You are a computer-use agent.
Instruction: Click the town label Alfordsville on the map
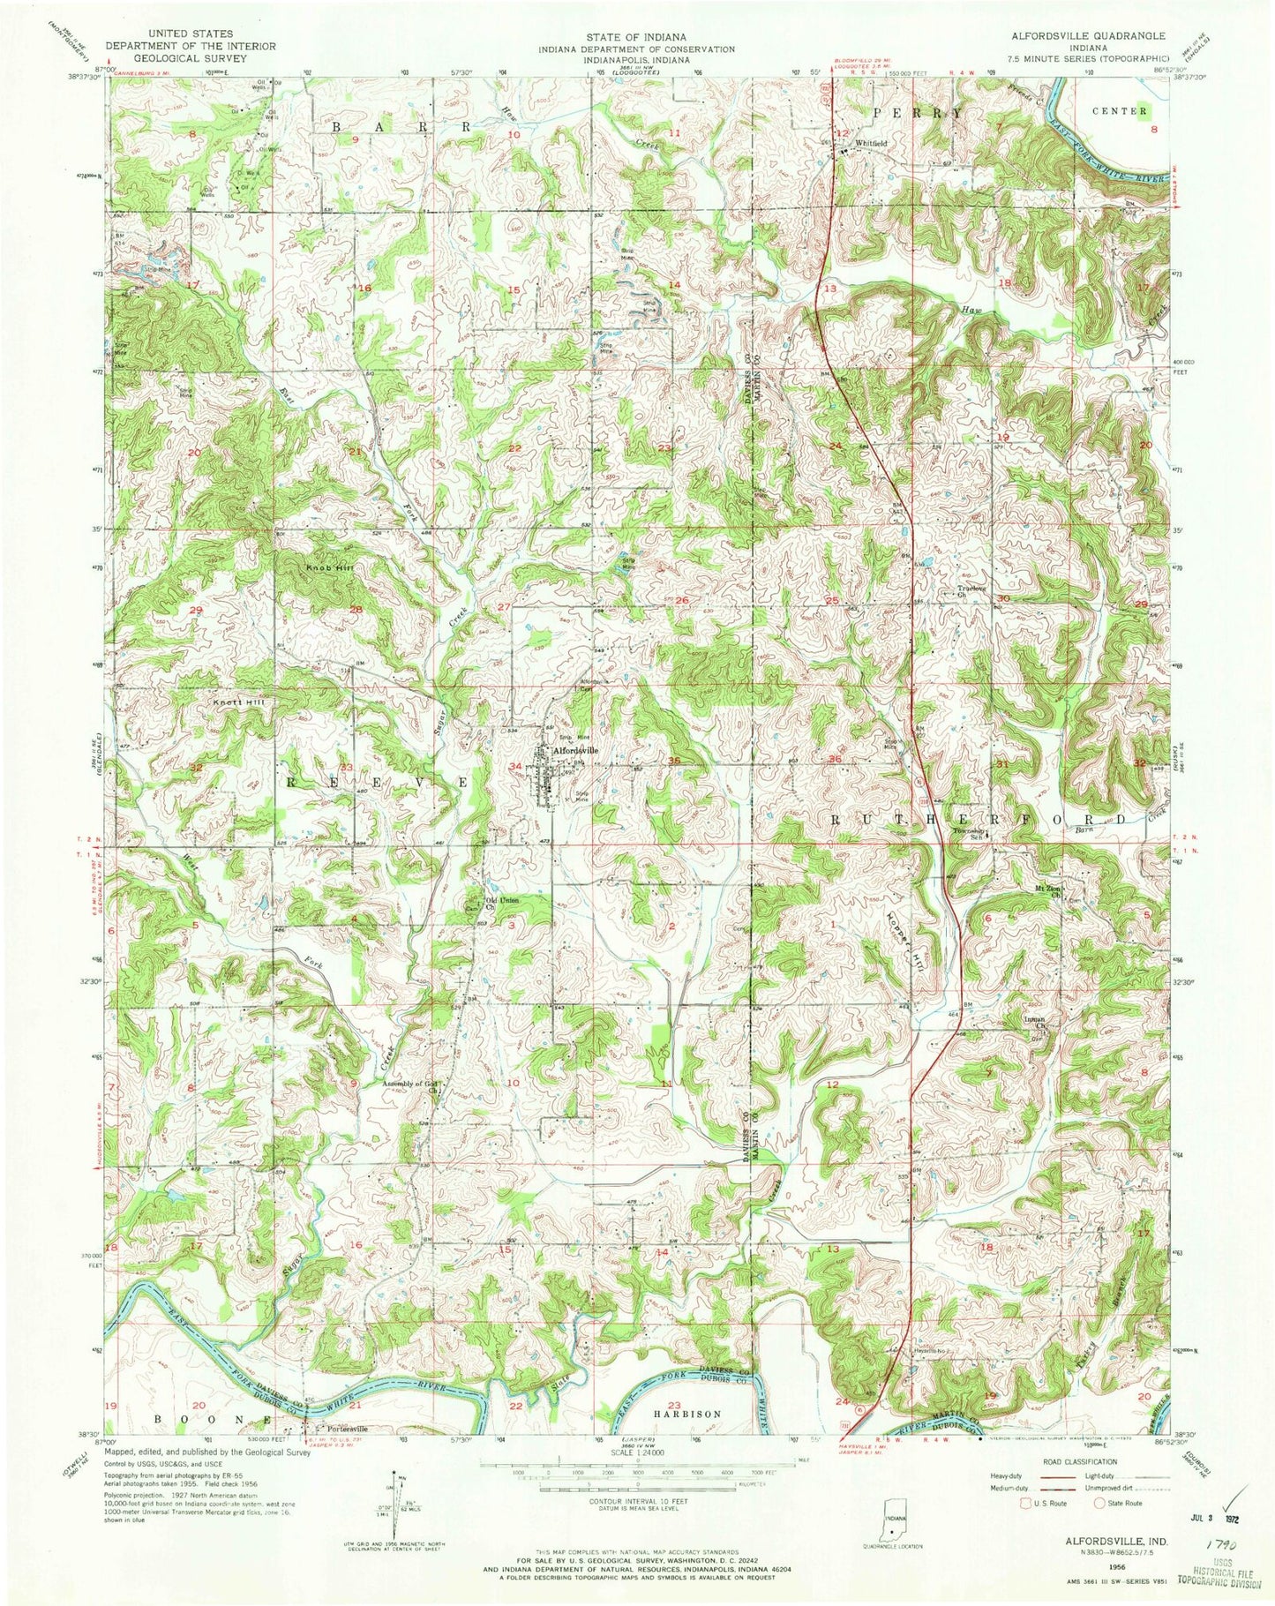[574, 750]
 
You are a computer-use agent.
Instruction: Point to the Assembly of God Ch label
[412, 1084]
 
